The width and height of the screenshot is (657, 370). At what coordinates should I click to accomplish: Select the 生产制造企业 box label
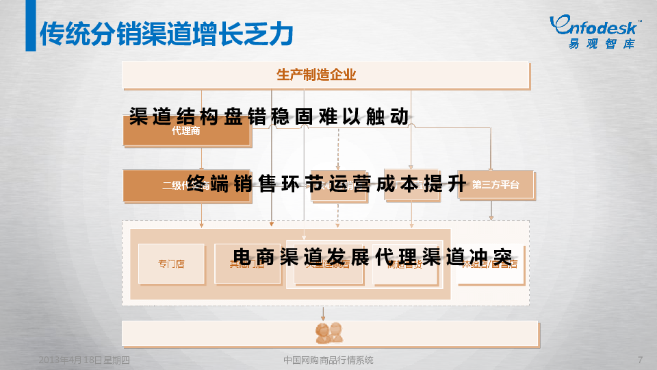[316, 75]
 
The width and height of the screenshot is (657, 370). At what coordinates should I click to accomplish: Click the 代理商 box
[186, 132]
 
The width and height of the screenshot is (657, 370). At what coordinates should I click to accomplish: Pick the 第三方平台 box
[495, 185]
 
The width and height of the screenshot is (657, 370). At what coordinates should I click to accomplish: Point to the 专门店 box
[171, 264]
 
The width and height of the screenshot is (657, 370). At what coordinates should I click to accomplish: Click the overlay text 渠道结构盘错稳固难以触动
[269, 117]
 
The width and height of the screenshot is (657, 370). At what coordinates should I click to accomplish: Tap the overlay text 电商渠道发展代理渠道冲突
[372, 258]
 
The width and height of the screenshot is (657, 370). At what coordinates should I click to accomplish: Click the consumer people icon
[328, 332]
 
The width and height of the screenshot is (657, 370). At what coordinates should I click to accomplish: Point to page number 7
[639, 360]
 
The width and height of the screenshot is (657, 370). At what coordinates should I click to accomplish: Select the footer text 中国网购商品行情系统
[328, 360]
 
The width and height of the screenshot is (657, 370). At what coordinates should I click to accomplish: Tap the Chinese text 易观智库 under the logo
[601, 44]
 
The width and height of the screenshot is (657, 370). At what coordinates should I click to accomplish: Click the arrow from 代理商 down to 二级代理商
[202, 159]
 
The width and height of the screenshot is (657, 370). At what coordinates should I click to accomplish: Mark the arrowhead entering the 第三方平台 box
[491, 168]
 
